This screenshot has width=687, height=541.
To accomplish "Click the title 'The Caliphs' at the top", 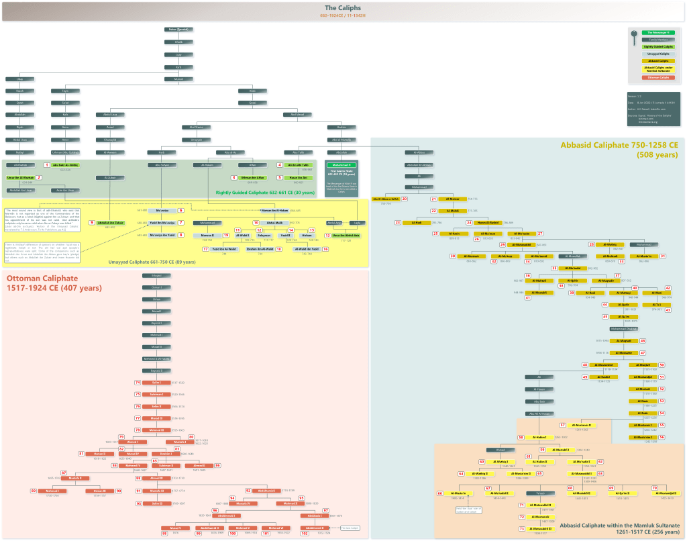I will point(343,7).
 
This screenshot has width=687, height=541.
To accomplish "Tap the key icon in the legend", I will point(634,40).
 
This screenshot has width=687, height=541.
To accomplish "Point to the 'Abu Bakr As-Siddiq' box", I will point(65,164).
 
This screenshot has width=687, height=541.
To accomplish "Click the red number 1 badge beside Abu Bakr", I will point(47,164).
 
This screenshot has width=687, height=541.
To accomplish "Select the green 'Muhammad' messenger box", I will point(343,164).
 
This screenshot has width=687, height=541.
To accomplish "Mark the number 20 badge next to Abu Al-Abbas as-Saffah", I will point(405,199).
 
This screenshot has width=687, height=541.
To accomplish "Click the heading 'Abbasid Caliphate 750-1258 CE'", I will point(619,145).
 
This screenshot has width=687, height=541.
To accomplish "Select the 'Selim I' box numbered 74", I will point(156,383).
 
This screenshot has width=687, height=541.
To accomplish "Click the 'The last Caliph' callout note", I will point(350,528).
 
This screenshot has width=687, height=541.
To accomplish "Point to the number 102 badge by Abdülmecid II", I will point(304,533).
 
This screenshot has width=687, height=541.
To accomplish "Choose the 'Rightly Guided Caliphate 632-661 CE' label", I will point(265,192).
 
